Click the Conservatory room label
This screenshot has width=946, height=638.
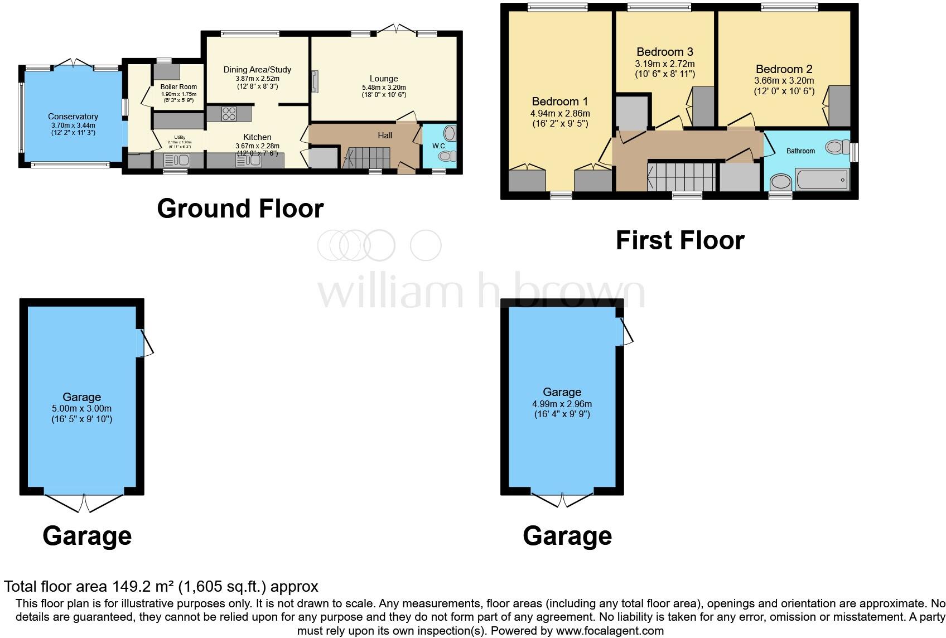(73, 117)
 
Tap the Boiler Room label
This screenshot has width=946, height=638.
(178, 87)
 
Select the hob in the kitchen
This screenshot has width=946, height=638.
(229, 114)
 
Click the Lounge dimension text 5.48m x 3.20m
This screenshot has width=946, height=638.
(384, 88)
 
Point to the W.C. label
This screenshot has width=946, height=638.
(439, 146)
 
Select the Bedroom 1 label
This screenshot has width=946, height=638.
(559, 101)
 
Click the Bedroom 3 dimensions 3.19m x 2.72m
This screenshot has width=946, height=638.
(665, 64)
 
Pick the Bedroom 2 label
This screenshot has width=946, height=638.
(784, 69)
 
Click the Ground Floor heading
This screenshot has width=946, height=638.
(240, 209)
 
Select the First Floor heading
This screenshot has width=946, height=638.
(679, 240)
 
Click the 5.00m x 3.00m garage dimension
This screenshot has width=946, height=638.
(81, 408)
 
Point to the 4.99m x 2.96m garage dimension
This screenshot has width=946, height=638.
(562, 404)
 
